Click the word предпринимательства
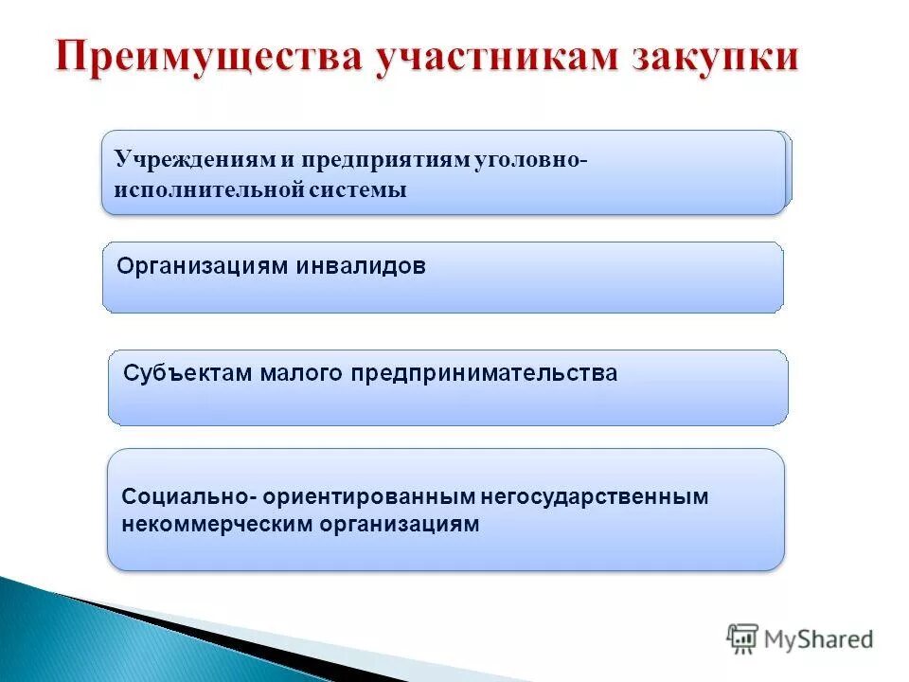(485, 373)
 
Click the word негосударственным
(595, 496)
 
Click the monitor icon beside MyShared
(743, 639)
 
